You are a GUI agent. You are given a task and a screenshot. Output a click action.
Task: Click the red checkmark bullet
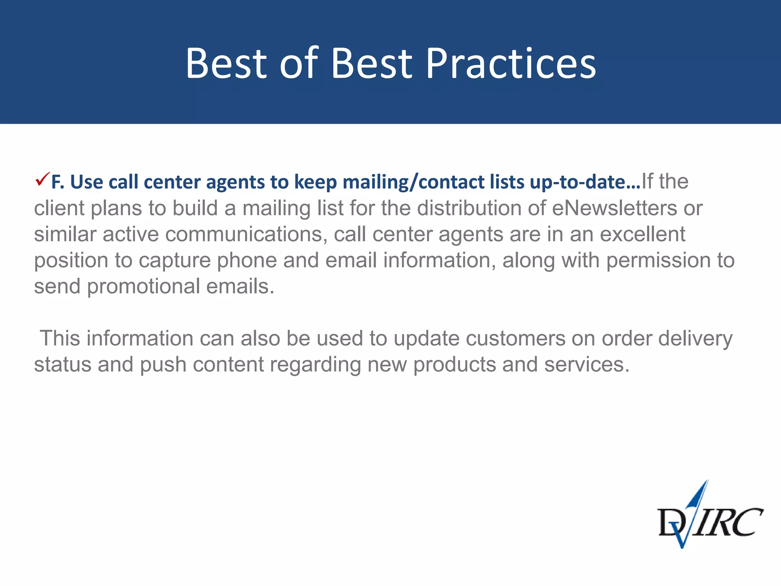(x=42, y=179)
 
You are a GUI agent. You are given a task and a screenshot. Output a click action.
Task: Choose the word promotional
(x=143, y=287)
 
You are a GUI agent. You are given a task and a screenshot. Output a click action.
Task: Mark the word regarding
(x=315, y=365)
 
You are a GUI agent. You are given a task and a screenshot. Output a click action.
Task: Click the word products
(x=454, y=365)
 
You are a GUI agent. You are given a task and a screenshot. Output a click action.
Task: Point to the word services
(x=587, y=365)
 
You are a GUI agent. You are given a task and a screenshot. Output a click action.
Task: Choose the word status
(x=63, y=365)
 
